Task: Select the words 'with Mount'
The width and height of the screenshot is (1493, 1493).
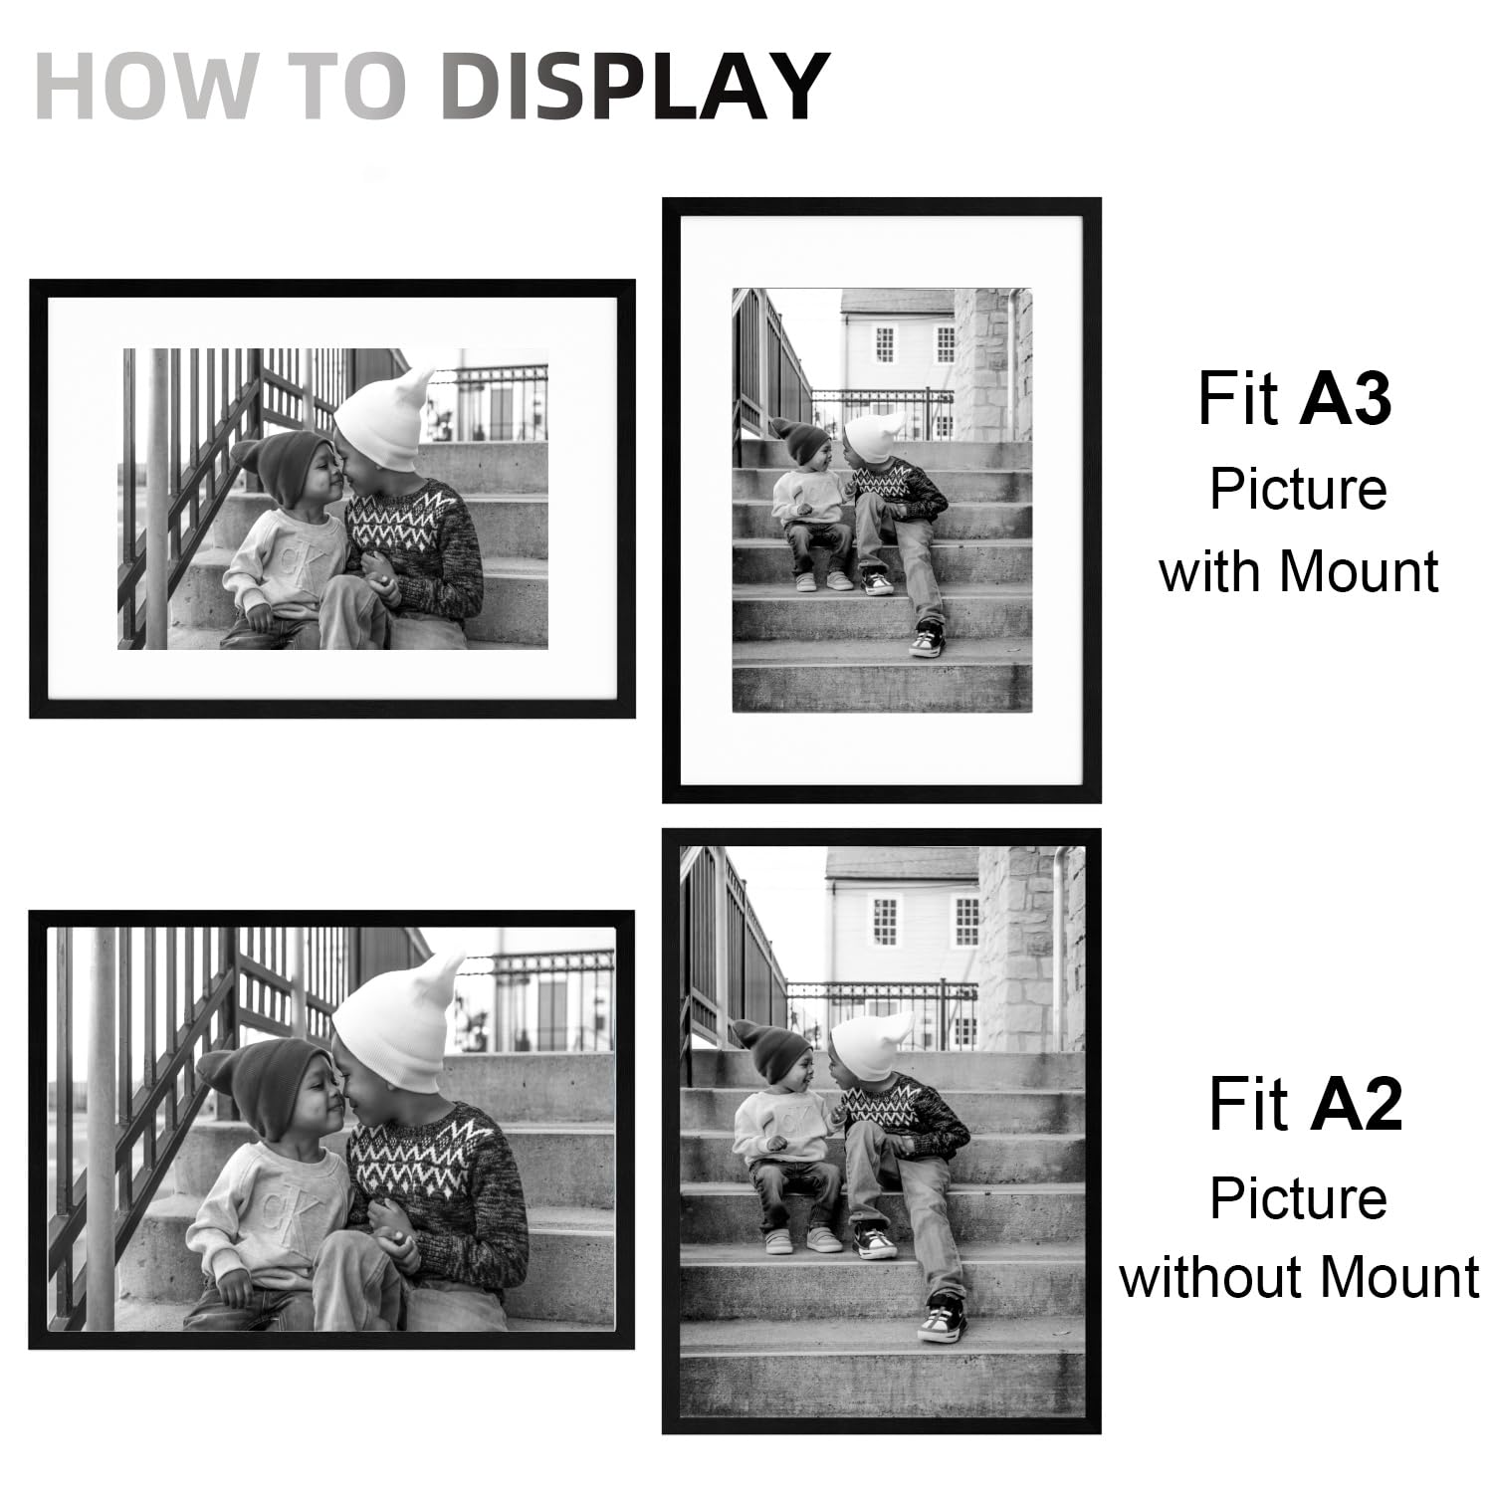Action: tap(1299, 571)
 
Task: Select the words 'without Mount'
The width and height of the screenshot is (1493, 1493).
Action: tap(1299, 1277)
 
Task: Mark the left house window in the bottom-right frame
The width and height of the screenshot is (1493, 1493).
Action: tap(885, 921)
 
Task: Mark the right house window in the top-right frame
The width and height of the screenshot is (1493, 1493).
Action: tap(945, 343)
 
